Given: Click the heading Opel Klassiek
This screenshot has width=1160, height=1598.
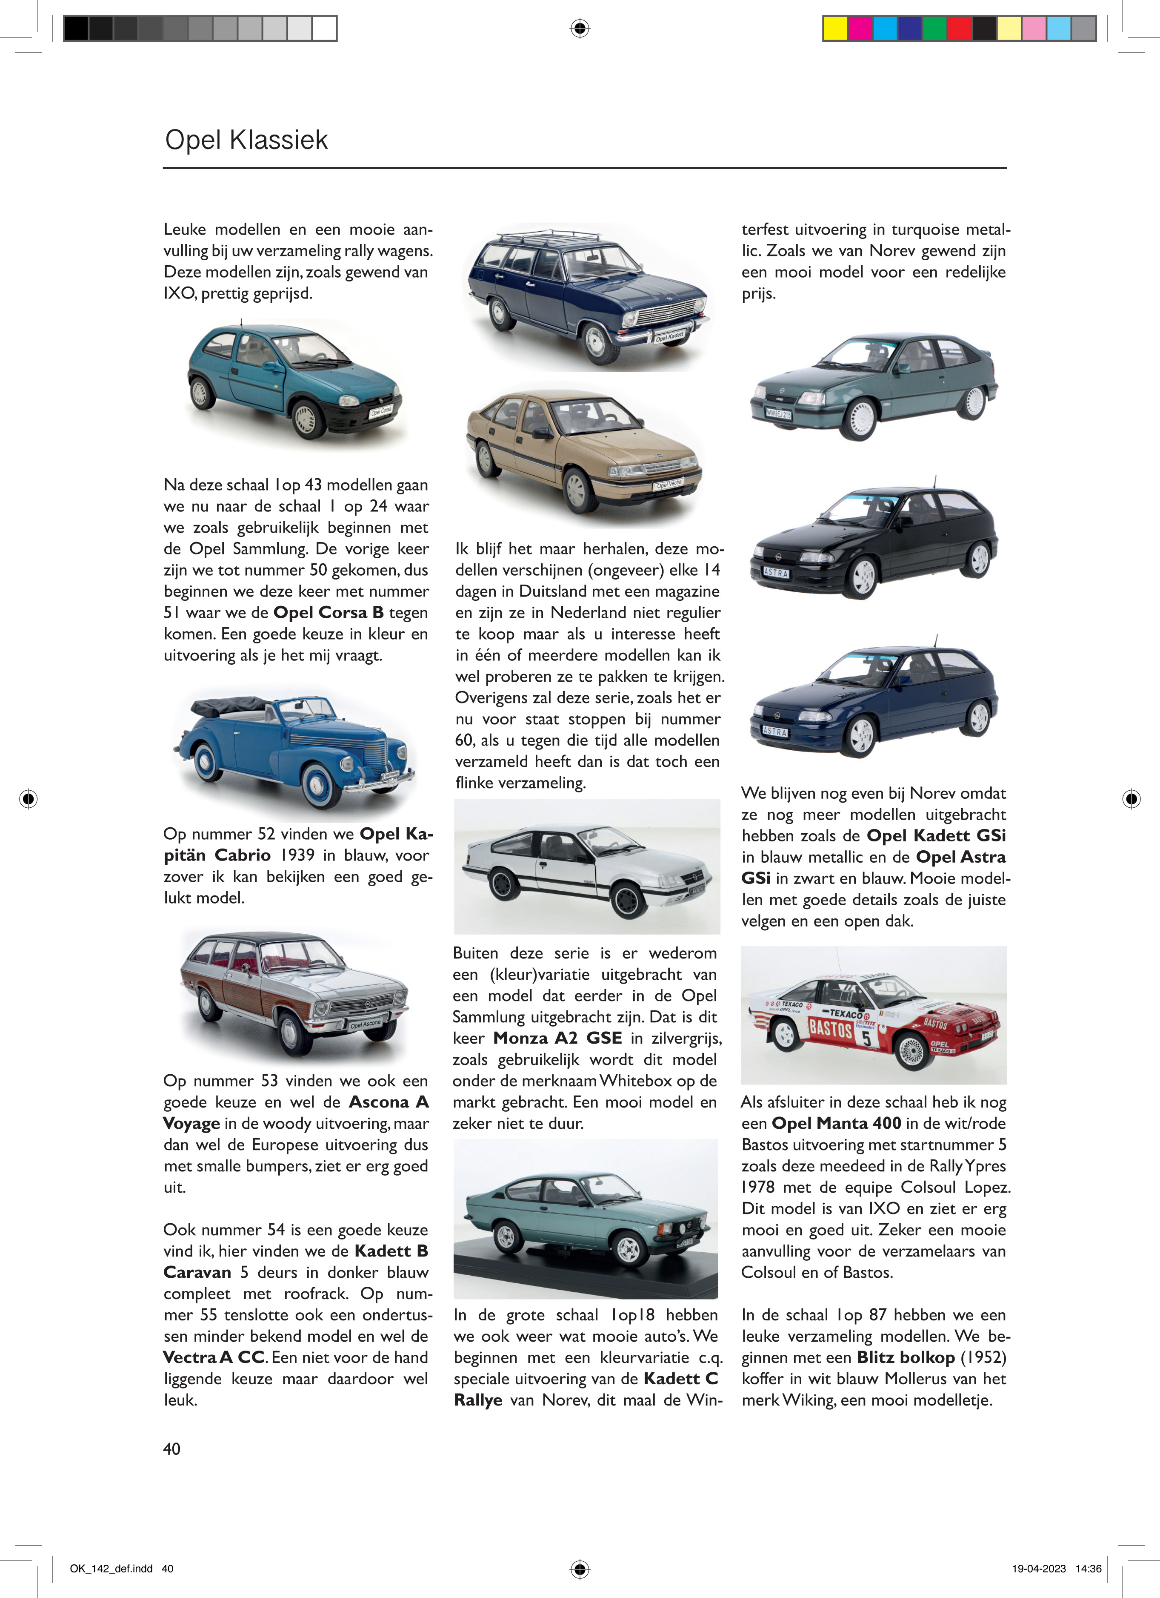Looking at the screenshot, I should (246, 140).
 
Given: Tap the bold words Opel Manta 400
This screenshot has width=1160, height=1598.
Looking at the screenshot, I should (836, 1123).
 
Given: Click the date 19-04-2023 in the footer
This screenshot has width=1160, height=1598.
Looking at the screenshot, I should (1039, 1569).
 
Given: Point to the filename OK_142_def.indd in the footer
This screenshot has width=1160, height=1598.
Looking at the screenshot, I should (111, 1569).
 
